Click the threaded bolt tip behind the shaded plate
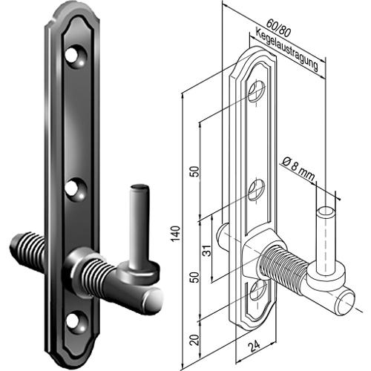(27, 246)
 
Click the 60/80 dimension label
(278, 28)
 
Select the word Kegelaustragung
(286, 50)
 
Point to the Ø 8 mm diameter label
(298, 169)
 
